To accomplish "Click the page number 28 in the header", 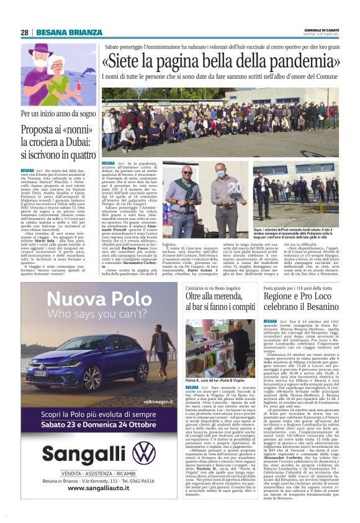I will click(24, 32).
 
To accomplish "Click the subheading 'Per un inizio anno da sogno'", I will click(58, 114).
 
